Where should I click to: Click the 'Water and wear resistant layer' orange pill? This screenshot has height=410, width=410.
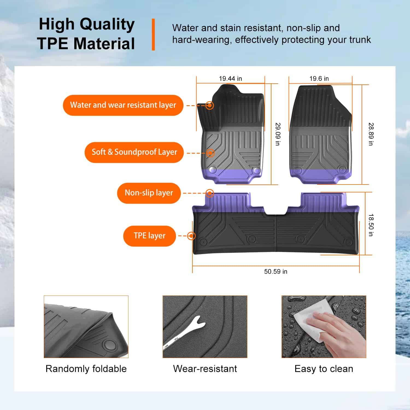tap(123, 105)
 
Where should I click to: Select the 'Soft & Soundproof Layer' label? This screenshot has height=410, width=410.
tap(134, 152)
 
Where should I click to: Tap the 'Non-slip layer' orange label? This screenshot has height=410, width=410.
tap(149, 193)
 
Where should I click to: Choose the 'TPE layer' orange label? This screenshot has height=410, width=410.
tap(150, 236)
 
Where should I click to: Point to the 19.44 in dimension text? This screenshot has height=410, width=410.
tap(230, 79)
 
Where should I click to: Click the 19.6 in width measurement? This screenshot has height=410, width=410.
tap(319, 79)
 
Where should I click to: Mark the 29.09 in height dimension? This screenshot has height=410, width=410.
tap(278, 134)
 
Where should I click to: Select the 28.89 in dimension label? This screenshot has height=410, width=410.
tap(371, 134)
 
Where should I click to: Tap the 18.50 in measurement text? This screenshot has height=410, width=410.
tap(371, 225)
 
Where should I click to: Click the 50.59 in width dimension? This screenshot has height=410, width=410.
tap(276, 271)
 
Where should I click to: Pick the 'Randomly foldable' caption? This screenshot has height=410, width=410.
tap(86, 369)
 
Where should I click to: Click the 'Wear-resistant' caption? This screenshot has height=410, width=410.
tap(205, 369)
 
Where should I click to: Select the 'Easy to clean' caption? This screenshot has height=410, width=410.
tap(324, 369)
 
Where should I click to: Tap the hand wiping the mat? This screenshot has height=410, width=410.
tap(339, 332)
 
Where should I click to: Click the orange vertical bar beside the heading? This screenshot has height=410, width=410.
tap(153, 34)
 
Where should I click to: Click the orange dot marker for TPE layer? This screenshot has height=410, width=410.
tap(191, 236)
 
